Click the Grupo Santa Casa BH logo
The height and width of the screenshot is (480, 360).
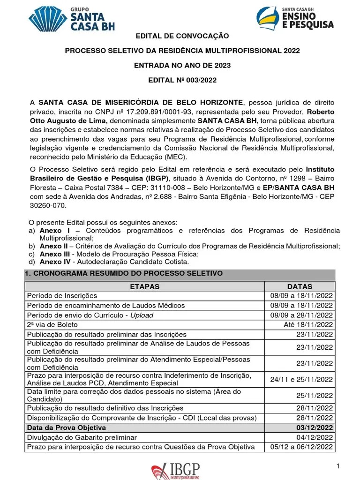point(72,19)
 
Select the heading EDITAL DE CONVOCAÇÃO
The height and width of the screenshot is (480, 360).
point(182,36)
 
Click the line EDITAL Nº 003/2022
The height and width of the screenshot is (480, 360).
point(182,80)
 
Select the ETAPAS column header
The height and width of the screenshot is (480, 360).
point(144,286)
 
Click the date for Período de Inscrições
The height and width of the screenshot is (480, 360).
point(301,296)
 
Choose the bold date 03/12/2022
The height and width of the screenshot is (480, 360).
point(315,427)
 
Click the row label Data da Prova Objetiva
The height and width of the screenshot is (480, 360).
point(66,427)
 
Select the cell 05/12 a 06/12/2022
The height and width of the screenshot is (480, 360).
point(301,447)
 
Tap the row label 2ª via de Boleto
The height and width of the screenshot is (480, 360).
point(52,324)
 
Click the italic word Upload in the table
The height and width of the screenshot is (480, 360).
point(142,315)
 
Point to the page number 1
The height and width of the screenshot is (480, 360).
point(337,465)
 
